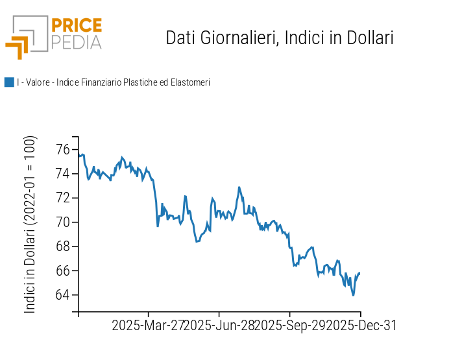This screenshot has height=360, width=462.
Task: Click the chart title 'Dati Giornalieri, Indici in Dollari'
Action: (280, 38)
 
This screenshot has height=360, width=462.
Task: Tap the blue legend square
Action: (9, 82)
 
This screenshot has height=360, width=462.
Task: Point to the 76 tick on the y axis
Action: (63, 150)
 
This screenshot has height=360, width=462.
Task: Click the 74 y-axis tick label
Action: (63, 174)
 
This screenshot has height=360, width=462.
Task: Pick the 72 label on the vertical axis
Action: (63, 198)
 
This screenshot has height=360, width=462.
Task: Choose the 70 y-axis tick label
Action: (63, 222)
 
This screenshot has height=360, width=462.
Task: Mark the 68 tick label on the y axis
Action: (63, 246)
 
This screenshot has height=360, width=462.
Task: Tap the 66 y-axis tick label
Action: (63, 270)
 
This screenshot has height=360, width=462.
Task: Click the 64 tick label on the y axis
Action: (63, 295)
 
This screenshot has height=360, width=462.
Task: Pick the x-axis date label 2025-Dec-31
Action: (361, 326)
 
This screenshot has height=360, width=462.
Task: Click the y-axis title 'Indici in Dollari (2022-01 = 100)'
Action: (30, 224)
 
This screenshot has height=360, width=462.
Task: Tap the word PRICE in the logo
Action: (76, 25)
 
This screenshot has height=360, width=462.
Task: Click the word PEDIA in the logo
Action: (76, 42)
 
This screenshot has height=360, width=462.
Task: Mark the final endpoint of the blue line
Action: (359, 273)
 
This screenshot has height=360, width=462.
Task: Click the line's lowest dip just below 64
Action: (354, 295)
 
